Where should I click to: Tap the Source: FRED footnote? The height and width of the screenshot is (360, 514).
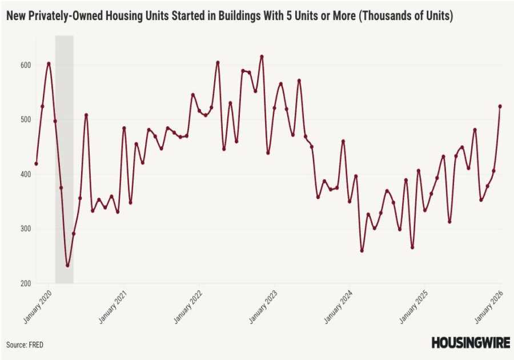25,345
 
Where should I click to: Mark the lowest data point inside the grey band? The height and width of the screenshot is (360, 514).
67,265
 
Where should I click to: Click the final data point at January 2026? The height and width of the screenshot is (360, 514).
500,106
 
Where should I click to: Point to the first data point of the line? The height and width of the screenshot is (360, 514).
36,163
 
